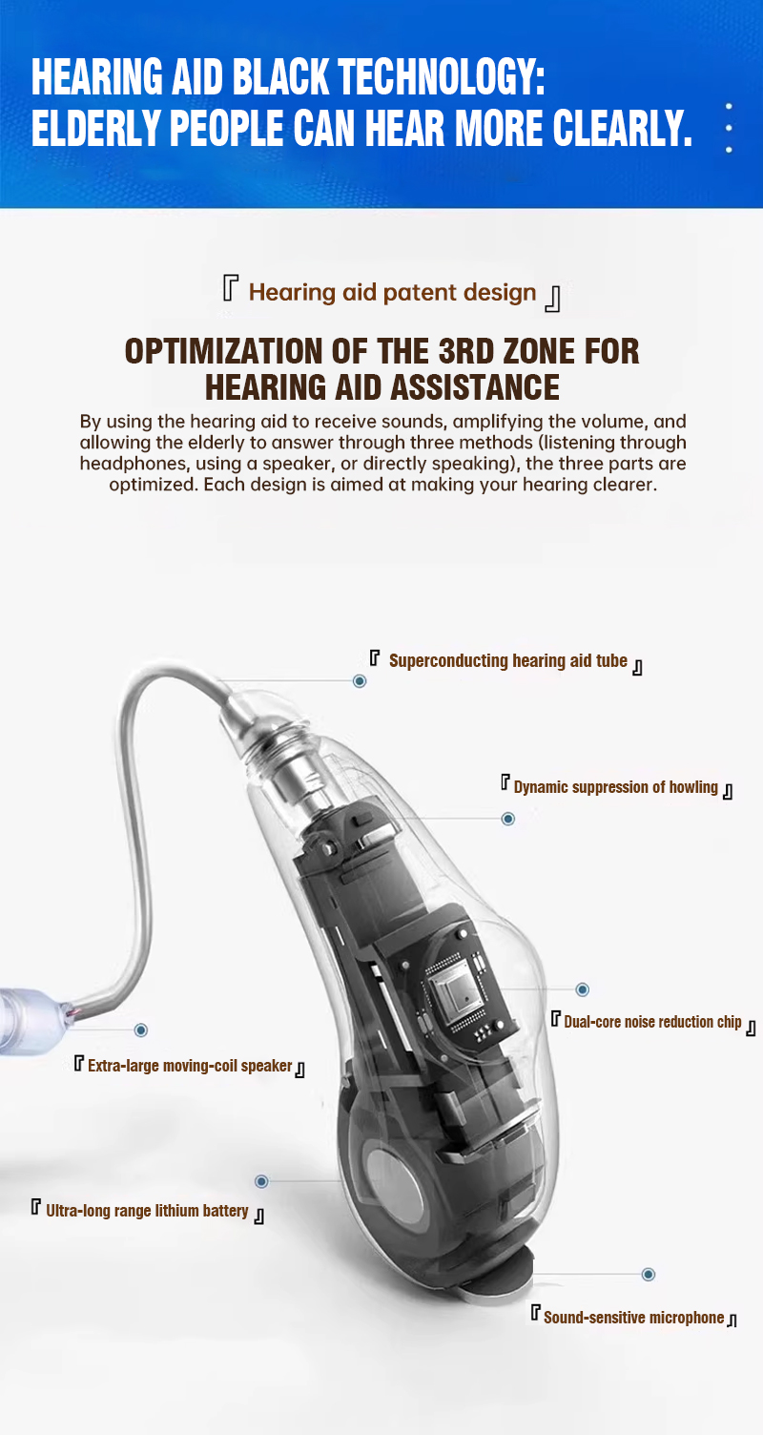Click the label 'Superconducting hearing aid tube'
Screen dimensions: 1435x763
click(x=508, y=661)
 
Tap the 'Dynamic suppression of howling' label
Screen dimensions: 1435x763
click(x=615, y=787)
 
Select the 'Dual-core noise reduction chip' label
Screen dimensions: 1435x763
click(x=652, y=1022)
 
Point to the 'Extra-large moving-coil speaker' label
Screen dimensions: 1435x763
click(x=190, y=1066)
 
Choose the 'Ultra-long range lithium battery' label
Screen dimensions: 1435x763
click(x=147, y=1211)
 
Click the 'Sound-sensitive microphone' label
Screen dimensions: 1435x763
click(x=633, y=1318)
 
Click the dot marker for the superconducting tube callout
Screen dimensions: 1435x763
click(x=360, y=680)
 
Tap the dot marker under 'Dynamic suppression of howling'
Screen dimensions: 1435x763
click(x=507, y=819)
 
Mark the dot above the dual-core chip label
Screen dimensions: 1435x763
click(x=583, y=989)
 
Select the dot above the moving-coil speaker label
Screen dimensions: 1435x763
click(x=141, y=1029)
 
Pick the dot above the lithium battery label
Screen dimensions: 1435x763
click(x=261, y=1181)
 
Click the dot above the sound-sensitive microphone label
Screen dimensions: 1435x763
click(x=649, y=1274)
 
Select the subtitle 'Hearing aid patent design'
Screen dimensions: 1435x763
click(x=392, y=293)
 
